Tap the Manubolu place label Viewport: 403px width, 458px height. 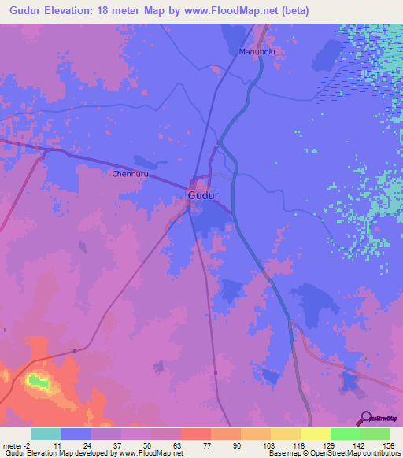tap(254, 52)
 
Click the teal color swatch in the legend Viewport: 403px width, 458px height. tap(46, 434)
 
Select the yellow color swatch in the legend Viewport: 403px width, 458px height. tap(315, 434)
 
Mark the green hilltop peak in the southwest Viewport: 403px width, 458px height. tap(36, 381)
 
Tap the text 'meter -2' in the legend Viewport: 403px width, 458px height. tap(17, 445)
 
